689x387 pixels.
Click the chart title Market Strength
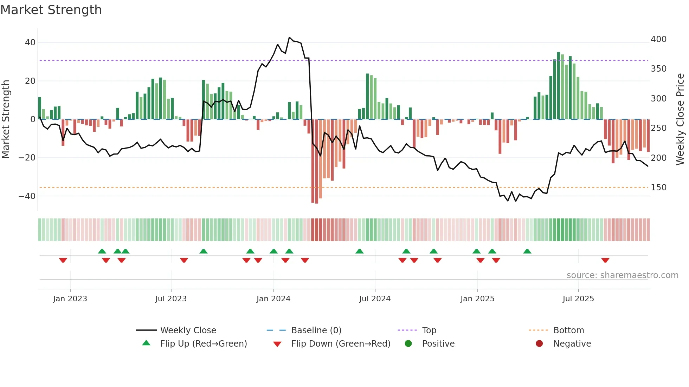pos(51,10)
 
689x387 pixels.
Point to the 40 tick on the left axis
pos(30,42)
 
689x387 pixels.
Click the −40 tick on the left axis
pos(27,196)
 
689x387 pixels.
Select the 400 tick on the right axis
pos(658,39)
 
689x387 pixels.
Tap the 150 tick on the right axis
pos(658,188)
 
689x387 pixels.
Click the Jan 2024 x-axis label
pos(273,299)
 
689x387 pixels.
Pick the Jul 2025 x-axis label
pos(578,299)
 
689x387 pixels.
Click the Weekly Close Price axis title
pos(680,119)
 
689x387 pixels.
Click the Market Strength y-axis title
pos(6,119)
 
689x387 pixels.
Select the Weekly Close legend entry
pos(188,330)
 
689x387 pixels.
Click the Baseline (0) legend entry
pos(316,330)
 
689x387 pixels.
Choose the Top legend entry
pos(429,330)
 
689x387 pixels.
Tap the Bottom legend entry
pos(568,330)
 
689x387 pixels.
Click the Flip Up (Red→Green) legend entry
pos(204,344)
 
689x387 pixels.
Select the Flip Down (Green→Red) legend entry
pos(341,344)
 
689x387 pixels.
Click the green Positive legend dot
pos(408,343)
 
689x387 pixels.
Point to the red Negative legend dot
pos(539,343)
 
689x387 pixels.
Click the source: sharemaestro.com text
pos(622,275)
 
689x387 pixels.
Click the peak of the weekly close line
pos(289,37)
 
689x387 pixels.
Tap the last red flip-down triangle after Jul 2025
pos(605,260)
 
